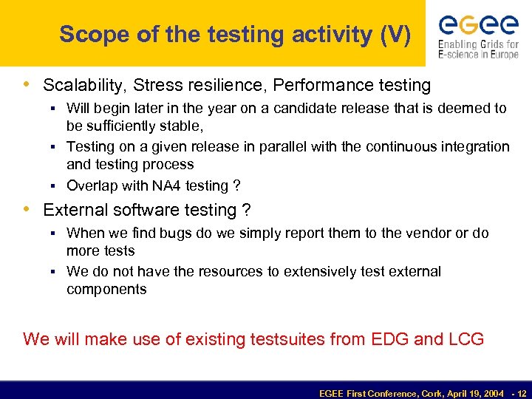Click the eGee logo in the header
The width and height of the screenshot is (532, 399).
pyautogui.click(x=478, y=25)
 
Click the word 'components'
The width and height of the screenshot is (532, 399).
pyautogui.click(x=106, y=289)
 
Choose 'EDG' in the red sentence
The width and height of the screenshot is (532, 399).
pyautogui.click(x=386, y=339)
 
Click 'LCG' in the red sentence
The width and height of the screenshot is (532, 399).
pyautogui.click(x=466, y=339)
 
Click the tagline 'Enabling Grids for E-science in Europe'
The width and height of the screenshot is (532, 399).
pyautogui.click(x=478, y=50)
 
